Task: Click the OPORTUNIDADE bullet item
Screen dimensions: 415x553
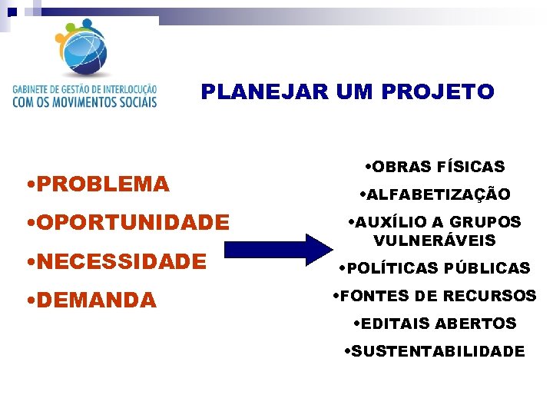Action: coord(130,223)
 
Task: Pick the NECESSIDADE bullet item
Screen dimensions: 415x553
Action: coord(119,261)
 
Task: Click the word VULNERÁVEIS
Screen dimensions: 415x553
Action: coord(435,241)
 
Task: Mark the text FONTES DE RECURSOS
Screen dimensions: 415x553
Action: coord(437,296)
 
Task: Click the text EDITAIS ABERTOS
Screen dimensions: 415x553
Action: coord(439,324)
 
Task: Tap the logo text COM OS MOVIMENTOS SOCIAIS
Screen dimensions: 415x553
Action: coord(84,101)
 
